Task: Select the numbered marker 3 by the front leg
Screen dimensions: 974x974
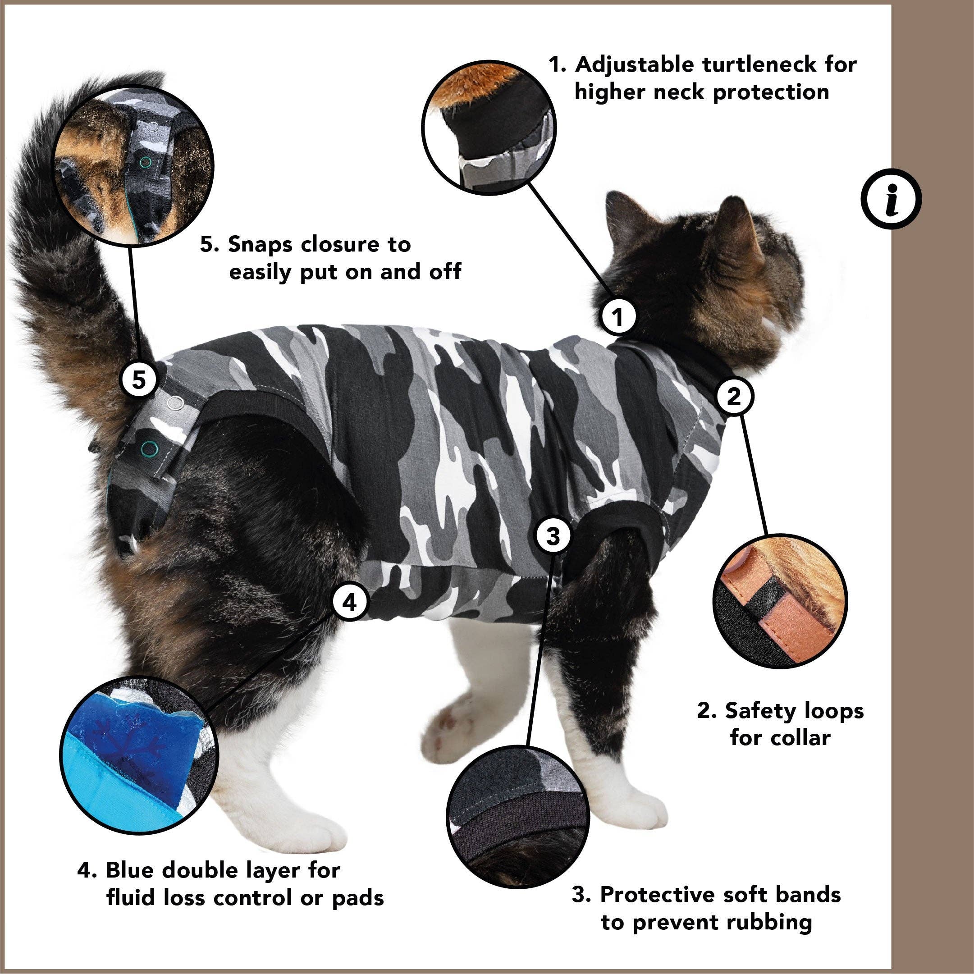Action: point(553,536)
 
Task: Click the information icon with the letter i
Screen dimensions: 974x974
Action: point(891,199)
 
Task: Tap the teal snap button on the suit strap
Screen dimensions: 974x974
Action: point(149,447)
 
